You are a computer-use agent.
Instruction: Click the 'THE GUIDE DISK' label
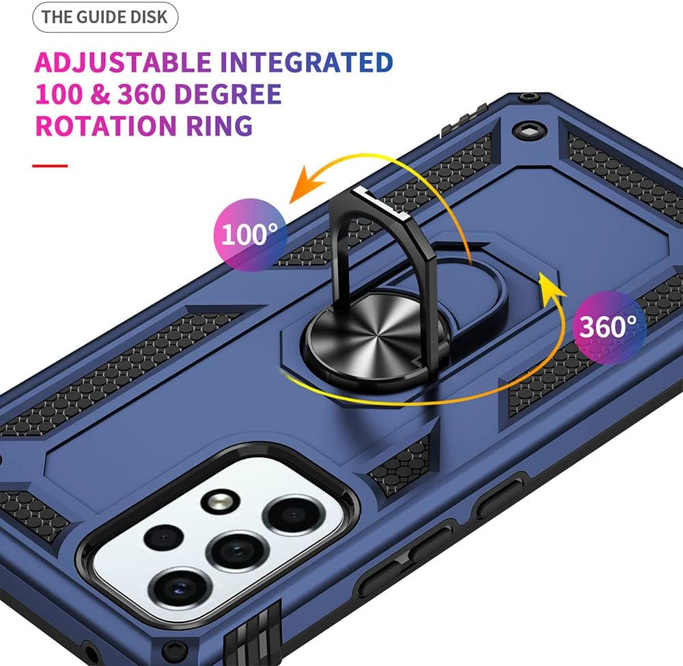click(x=104, y=17)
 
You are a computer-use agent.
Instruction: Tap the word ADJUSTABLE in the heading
click(x=124, y=62)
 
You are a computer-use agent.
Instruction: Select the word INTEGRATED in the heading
click(x=307, y=62)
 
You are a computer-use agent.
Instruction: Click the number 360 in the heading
click(x=141, y=94)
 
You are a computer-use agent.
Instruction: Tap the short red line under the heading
click(x=50, y=165)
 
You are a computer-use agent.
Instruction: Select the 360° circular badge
click(x=609, y=327)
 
